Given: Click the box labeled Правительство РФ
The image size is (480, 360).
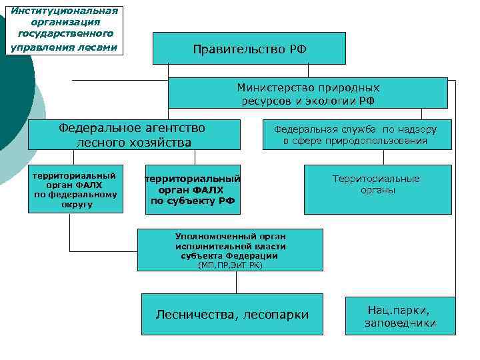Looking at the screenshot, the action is point(249,48).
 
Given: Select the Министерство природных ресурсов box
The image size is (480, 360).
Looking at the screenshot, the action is point(307,93).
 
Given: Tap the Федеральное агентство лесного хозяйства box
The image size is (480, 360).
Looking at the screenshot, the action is point(133,135).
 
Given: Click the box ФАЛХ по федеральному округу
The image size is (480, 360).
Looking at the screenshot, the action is point(75,189).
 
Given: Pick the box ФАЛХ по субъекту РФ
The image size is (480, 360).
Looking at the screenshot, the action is point(193,189).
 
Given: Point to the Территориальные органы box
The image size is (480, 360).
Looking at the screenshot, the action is point(377,189).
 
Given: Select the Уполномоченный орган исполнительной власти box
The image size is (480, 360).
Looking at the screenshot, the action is point(229,250).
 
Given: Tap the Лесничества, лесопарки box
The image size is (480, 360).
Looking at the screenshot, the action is point(232,314).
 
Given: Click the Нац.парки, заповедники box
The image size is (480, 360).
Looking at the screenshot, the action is point(399,316).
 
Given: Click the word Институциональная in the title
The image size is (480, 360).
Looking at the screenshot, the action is point(65,10).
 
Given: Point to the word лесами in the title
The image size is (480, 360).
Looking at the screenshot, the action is point(101,47).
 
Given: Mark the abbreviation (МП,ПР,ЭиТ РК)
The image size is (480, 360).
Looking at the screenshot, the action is point(230,265).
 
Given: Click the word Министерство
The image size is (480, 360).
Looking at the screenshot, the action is point(276,87).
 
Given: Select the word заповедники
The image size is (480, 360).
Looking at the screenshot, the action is point(400,323).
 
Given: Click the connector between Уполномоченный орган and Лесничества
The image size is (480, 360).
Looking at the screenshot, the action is point(236,282).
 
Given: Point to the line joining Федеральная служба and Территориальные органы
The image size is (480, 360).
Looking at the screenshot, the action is point(383,157).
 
